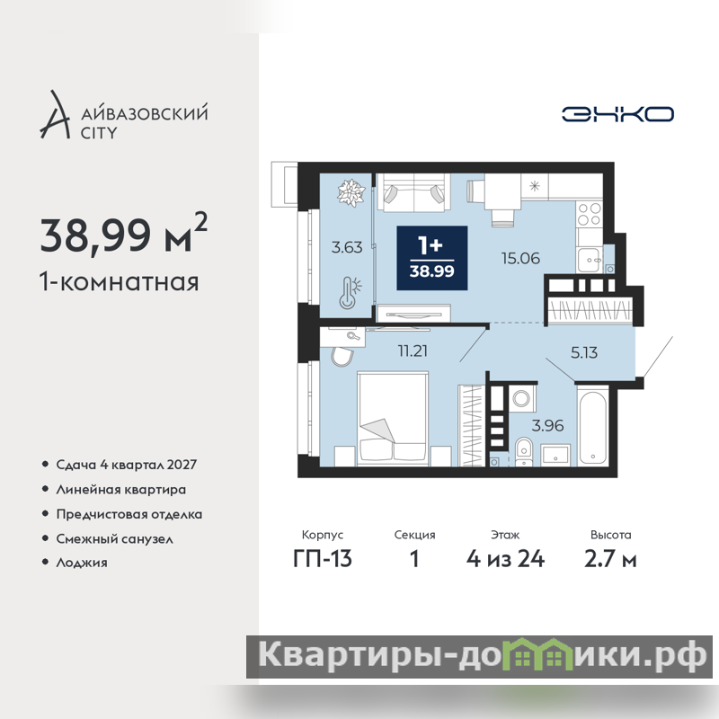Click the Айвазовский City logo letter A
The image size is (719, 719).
pos(56,115)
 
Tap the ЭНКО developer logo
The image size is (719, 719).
pos(617,114)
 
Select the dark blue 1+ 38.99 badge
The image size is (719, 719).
pos(432,258)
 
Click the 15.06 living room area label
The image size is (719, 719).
pos(520,259)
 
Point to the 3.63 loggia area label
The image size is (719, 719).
pos(347,248)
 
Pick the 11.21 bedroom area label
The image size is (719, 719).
pos(413,351)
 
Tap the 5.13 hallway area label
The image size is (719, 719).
pos(583,352)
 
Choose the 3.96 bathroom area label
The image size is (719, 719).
pos(547,425)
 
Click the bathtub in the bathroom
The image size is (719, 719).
pos(593,425)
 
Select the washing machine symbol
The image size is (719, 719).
pos(521,398)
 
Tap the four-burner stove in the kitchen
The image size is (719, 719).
pos(590,214)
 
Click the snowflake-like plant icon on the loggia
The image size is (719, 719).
pos(351,192)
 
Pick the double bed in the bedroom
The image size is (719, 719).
pos(393,419)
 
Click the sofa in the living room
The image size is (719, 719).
pos(413,192)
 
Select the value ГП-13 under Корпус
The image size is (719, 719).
pos(323,559)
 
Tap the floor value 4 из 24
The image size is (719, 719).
pos(505,559)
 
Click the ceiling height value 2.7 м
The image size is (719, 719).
pos(610,559)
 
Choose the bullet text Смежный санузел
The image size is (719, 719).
pos(115,538)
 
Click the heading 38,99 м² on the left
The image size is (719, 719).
pos(124,235)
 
